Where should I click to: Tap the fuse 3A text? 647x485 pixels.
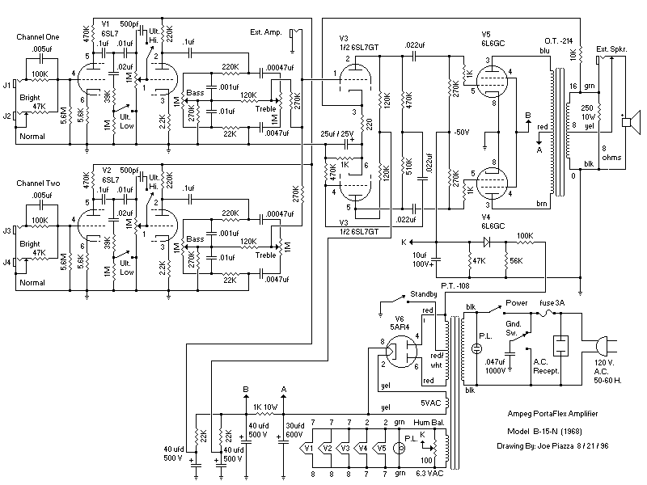tap(552, 304)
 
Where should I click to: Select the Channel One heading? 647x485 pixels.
tap(38, 38)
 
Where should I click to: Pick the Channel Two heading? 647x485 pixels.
tap(38, 184)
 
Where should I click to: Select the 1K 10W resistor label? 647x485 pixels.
tap(264, 406)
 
